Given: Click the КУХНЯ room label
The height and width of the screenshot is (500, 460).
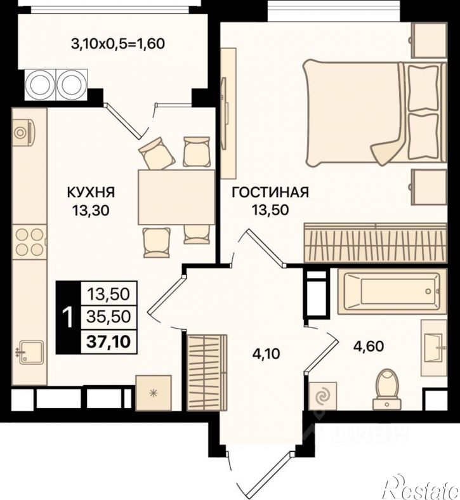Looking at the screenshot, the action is [x=91, y=192].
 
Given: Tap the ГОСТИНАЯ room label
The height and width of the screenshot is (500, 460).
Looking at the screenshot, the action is [x=270, y=192].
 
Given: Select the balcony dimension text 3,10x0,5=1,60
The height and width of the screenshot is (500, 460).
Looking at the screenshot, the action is [x=118, y=43].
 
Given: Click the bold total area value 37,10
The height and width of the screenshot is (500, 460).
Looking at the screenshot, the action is [x=109, y=342].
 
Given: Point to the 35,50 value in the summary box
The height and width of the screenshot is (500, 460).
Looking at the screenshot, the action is [x=109, y=317].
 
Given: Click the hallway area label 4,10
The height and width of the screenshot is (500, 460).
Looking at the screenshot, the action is [x=266, y=354].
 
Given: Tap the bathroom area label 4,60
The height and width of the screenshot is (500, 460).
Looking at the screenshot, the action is [x=369, y=346].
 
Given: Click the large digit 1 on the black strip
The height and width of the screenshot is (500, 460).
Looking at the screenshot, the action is [x=68, y=318].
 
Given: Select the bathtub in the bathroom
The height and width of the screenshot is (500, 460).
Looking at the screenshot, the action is [x=389, y=291].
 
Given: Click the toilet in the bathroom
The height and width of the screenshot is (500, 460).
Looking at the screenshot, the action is [x=386, y=390].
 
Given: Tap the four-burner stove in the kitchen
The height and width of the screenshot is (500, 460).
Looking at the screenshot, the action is [x=29, y=242].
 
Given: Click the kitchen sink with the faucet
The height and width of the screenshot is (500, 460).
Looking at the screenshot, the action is [x=31, y=352].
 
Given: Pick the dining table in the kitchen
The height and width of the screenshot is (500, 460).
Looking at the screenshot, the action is [x=176, y=197].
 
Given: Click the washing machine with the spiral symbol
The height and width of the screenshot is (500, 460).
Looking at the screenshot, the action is [x=322, y=396].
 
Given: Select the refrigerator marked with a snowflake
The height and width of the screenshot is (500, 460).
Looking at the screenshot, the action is [x=154, y=393].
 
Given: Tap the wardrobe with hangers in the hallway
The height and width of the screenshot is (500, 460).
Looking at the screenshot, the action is [x=207, y=372].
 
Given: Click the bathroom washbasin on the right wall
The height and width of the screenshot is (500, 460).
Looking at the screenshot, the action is [x=434, y=348].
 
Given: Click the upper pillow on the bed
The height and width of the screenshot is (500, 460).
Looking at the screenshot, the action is [x=423, y=88].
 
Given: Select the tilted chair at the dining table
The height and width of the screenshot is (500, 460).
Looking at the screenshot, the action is [x=157, y=154].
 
